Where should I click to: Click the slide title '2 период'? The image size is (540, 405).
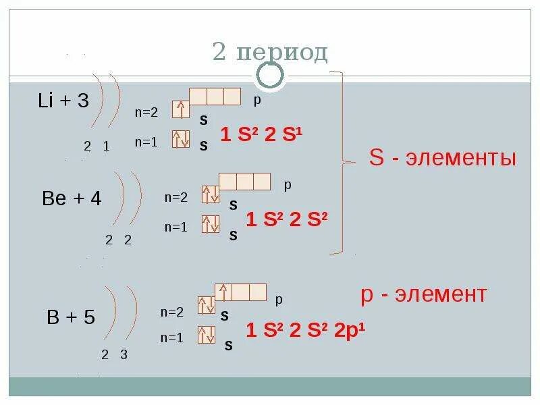coord(270,51)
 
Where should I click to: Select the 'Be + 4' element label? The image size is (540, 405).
coord(71,198)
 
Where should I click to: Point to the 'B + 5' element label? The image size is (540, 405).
coord(71,317)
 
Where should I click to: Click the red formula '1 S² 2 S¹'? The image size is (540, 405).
coord(261,135)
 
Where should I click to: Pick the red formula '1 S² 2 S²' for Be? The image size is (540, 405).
coord(286,219)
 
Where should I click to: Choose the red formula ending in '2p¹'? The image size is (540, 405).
coord(305,330)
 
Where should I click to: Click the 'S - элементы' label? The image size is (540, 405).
coord(442,159)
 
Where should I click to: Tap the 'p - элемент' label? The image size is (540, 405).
coord(424,294)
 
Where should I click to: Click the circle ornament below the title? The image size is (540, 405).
coord(270,76)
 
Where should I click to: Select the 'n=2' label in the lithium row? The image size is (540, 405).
coord(146,112)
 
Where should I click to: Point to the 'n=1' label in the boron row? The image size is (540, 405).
coord(171,338)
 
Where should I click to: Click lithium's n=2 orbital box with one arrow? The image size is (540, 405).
coord(180,109)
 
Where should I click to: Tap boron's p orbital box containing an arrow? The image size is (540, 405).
coord(223,292)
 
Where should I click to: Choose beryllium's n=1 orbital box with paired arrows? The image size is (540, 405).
coord(211,223)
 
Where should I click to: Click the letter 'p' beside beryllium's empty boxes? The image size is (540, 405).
coord(287,184)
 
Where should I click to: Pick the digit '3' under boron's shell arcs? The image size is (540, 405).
coord(124,355)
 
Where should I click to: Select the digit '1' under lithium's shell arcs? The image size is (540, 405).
coord(106,146)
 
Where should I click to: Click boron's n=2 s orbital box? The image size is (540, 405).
coord(206,306)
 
